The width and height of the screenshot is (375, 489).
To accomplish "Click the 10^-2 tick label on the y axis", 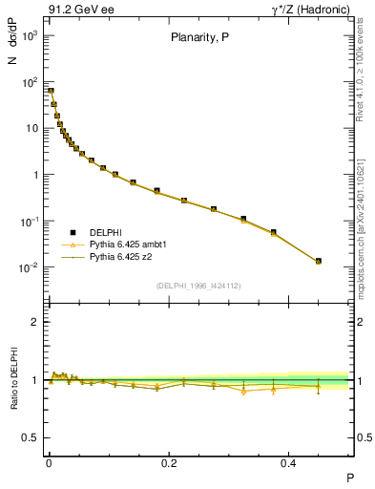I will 29,267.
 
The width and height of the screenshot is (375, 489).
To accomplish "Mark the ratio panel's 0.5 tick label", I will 31,437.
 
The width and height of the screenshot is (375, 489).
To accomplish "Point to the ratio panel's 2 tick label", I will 34,323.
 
